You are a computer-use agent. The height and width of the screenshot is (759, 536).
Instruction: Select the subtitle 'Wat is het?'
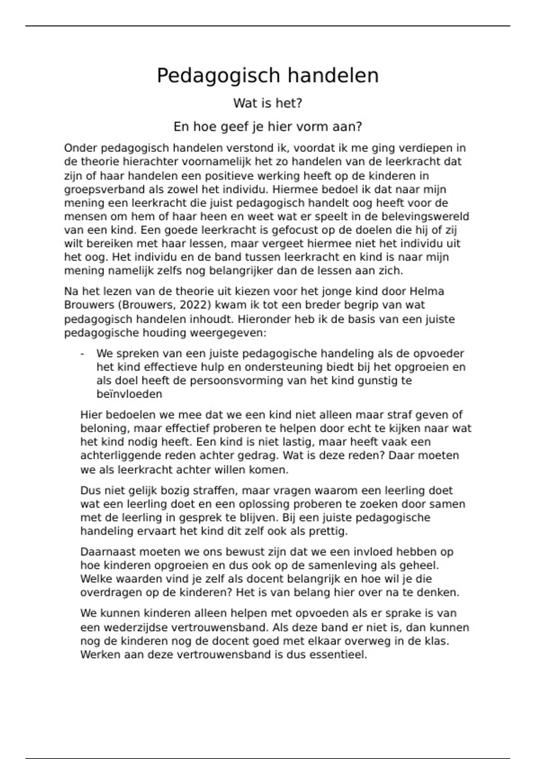pyautogui.click(x=268, y=104)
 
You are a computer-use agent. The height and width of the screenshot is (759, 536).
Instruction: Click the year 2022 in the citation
pyautogui.click(x=195, y=305)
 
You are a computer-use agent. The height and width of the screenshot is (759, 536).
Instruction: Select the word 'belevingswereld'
pyautogui.click(x=432, y=217)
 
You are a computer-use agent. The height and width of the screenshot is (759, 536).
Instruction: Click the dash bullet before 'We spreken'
pyautogui.click(x=83, y=354)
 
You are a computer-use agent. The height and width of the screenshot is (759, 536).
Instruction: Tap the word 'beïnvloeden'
pyautogui.click(x=129, y=394)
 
